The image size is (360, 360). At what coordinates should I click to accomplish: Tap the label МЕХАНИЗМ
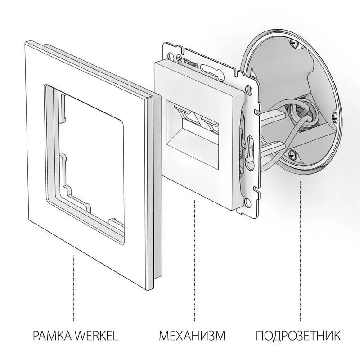tap(192, 336)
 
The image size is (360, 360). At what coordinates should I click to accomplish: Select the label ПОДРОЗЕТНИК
tap(298, 336)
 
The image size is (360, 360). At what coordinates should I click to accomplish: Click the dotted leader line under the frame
tap(74, 288)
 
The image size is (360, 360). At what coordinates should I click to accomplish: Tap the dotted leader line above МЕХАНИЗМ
tap(194, 265)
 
